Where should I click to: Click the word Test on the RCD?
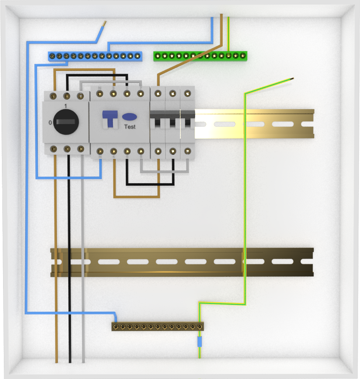tap(130, 127)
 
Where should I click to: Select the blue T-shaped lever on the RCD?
tap(110, 119)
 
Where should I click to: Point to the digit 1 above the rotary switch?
tap(66, 106)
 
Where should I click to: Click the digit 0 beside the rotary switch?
tap(50, 123)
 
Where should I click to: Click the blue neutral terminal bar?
tap(95, 56)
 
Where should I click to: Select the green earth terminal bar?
tap(200, 56)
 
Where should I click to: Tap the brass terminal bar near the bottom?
tap(157, 327)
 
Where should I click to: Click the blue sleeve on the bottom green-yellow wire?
tap(200, 342)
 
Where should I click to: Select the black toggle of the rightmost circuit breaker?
tap(188, 122)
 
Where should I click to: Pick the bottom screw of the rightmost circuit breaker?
tap(188, 151)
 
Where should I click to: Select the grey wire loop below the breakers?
tap(164, 171)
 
